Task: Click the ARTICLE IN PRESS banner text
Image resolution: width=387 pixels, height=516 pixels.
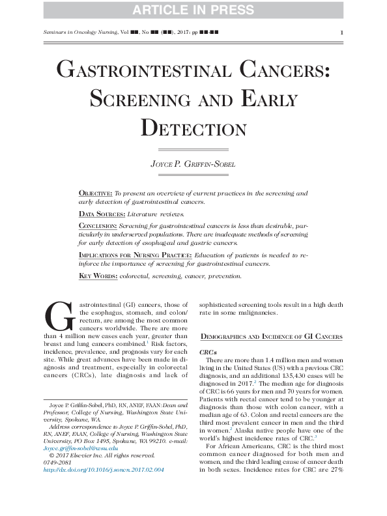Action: coord(193,10)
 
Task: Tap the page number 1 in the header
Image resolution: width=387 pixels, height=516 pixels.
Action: coord(341,32)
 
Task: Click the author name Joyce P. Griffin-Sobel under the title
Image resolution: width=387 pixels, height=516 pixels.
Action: coord(193,165)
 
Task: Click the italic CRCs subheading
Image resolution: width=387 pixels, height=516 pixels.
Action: coord(216,350)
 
